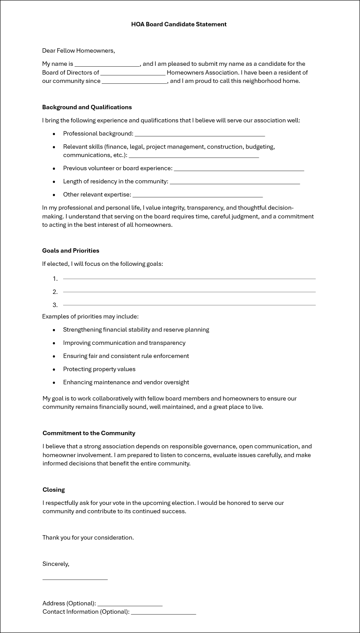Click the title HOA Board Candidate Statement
point(179,25)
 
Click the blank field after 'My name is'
point(107,64)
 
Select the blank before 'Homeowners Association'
point(133,73)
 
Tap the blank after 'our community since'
point(134,82)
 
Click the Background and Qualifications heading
point(87,107)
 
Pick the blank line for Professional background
point(200,134)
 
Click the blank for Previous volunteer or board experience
point(239,169)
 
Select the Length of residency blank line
point(235,182)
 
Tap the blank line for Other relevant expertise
point(197,195)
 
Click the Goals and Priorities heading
point(71,251)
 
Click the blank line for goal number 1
point(189,279)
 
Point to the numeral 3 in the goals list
point(55,305)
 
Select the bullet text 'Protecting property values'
point(99,369)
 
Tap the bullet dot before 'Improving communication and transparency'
point(54,343)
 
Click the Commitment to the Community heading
point(89,433)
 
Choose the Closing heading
point(53,490)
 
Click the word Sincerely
point(56,564)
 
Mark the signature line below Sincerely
point(75,579)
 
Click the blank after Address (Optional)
point(130,604)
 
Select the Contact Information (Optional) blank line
point(163,613)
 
